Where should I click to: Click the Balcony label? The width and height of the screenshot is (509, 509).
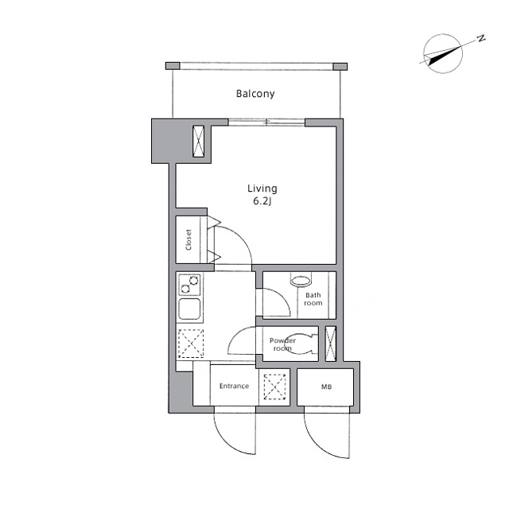point(255,94)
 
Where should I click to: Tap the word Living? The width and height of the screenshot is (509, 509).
point(262,188)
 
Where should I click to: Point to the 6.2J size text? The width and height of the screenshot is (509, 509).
point(262,202)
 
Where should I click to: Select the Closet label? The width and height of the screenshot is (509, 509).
point(188,240)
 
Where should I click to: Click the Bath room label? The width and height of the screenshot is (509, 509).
point(313,299)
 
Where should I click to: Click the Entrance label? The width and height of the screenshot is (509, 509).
point(234,387)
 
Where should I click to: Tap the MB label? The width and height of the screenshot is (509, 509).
point(326,387)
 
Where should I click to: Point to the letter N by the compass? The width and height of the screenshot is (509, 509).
point(481,38)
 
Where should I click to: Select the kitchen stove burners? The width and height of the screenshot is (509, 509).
point(189,284)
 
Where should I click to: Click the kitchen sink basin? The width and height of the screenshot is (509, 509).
point(189,309)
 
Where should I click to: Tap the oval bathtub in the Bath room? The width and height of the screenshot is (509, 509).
point(300,281)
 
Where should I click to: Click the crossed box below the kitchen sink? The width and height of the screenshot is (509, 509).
point(190,344)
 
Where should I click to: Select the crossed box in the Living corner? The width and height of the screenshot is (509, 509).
point(198,141)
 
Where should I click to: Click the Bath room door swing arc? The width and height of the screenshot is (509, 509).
point(270,303)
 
